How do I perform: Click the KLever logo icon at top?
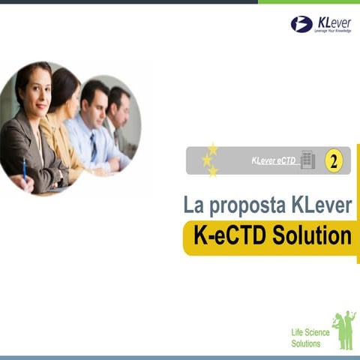(301, 24)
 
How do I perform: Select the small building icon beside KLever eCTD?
(307, 160)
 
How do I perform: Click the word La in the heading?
(193, 204)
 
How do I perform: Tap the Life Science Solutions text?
(306, 338)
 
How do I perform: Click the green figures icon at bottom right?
(344, 330)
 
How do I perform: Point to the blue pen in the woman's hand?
(24, 167)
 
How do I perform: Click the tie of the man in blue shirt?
(93, 147)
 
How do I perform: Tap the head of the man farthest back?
(118, 97)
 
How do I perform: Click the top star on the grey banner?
(213, 148)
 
